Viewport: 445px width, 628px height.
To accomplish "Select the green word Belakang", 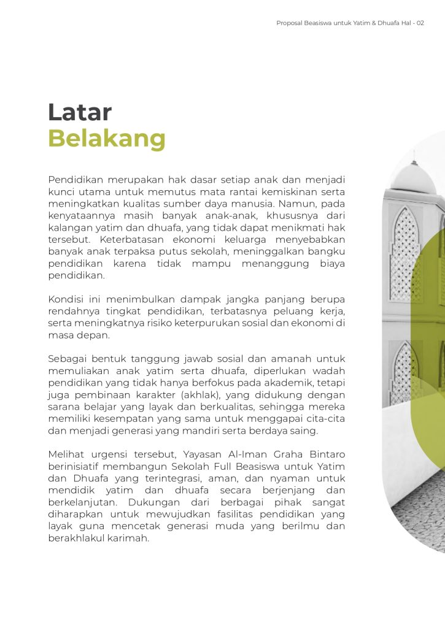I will click(x=107, y=139).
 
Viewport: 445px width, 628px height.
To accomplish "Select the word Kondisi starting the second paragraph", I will click(x=67, y=299).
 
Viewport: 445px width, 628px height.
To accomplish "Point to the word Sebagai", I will click(x=68, y=359).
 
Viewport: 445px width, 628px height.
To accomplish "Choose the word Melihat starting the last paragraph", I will click(x=67, y=454).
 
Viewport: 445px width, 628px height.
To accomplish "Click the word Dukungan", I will click(x=156, y=502).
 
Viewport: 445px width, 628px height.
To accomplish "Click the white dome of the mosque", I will click(x=413, y=178).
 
